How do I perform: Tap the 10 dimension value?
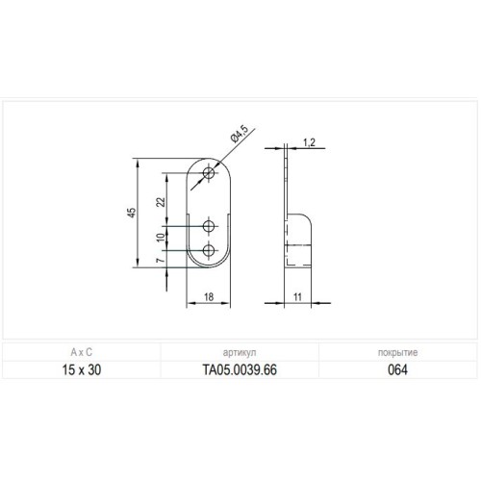pyautogui.click(x=163, y=238)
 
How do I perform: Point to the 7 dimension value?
pyautogui.click(x=163, y=261)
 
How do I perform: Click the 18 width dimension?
pyautogui.click(x=210, y=298)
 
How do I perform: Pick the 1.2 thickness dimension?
pyautogui.click(x=309, y=142)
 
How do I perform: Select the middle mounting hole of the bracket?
pyautogui.click(x=210, y=226)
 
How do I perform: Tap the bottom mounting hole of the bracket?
pyautogui.click(x=210, y=252)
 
